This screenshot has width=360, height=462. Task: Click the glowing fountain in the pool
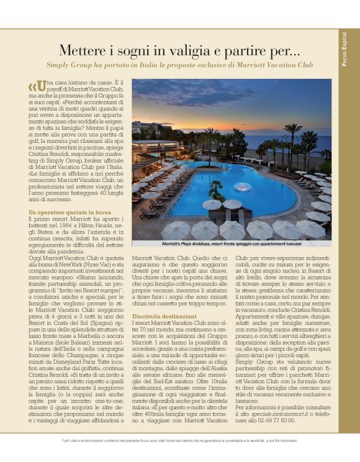[x=243, y=186]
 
